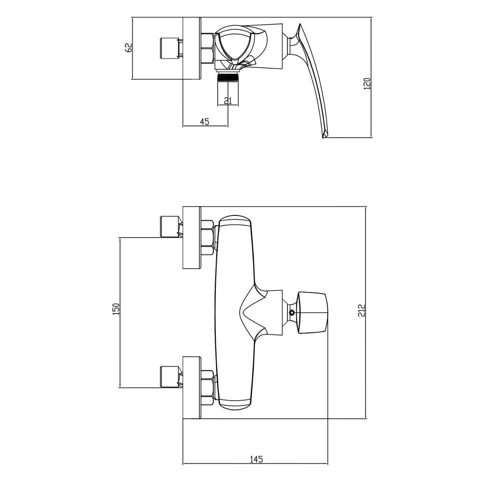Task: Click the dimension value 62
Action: coord(128,48)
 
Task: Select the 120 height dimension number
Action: coord(367,84)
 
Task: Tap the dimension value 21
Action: coord(228,101)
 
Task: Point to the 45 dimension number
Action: coord(204,121)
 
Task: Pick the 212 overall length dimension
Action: coord(362,311)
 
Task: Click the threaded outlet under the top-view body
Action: coord(228,77)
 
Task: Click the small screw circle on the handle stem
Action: coord(292,312)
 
